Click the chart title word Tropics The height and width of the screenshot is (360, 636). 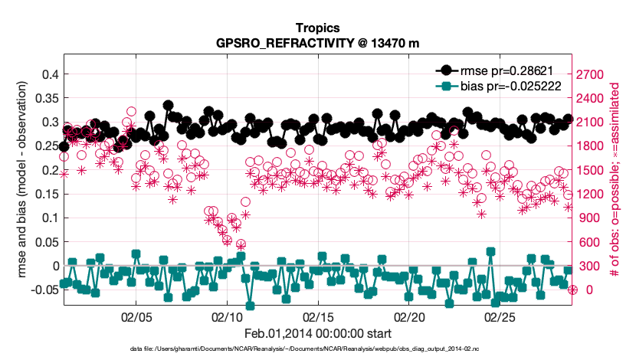point(317,28)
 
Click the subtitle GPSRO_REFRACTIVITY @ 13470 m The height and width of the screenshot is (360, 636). point(317,43)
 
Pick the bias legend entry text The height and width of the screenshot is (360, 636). point(513,86)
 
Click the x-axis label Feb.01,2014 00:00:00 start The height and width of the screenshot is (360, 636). point(317,333)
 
